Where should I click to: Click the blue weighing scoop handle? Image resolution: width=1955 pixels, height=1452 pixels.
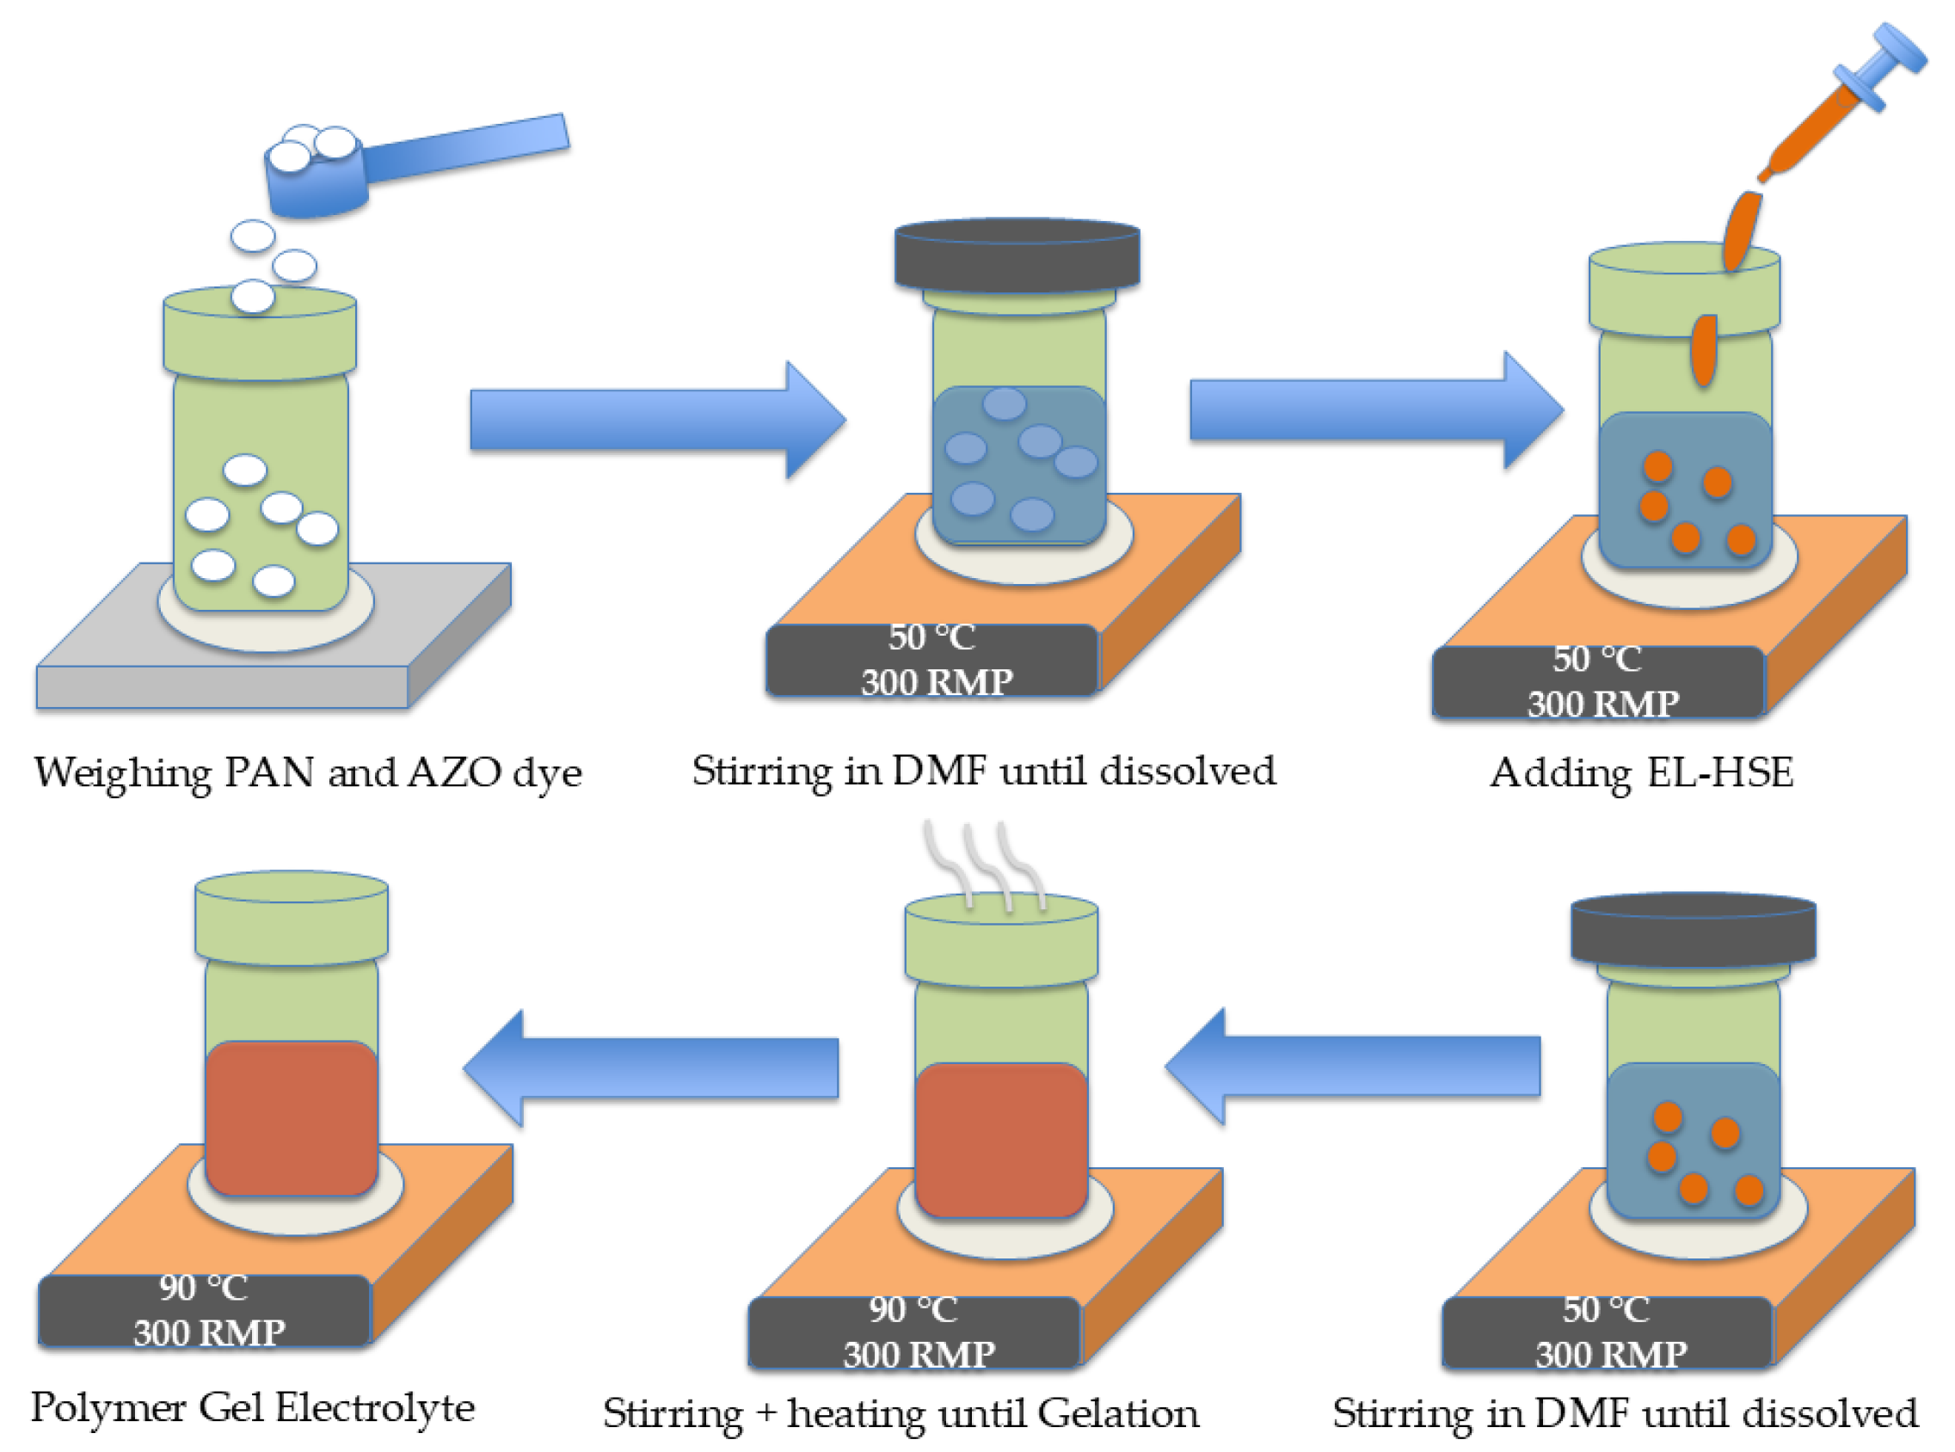465,150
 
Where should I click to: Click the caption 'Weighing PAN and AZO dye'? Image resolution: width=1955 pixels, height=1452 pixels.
309,773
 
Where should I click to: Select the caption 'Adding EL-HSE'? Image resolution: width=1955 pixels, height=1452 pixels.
1642,773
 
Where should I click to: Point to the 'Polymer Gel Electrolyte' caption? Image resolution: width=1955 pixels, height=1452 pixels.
253,1408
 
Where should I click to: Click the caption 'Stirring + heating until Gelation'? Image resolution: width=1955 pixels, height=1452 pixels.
901,1414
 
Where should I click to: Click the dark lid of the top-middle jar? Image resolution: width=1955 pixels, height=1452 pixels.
1017,255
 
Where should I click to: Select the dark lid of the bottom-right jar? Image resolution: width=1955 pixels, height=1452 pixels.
1694,930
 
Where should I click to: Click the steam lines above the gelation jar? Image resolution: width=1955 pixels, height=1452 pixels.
984,865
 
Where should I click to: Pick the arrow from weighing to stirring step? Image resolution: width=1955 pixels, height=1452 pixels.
658,420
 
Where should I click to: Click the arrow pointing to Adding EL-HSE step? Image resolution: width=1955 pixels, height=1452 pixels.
1377,409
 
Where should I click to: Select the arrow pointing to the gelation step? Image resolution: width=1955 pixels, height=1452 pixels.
1353,1066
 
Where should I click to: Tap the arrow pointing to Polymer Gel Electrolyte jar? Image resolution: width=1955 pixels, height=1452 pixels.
651,1067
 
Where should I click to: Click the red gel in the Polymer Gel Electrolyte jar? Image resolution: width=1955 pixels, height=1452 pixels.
292,1118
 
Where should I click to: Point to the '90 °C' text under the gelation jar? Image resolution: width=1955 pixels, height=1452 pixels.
913,1309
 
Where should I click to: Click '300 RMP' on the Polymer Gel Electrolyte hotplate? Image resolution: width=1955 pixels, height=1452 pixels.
209,1333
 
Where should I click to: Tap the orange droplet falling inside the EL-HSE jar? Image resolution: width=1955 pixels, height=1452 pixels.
1704,350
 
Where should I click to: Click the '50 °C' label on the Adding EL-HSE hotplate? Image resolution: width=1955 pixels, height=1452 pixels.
1596,659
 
